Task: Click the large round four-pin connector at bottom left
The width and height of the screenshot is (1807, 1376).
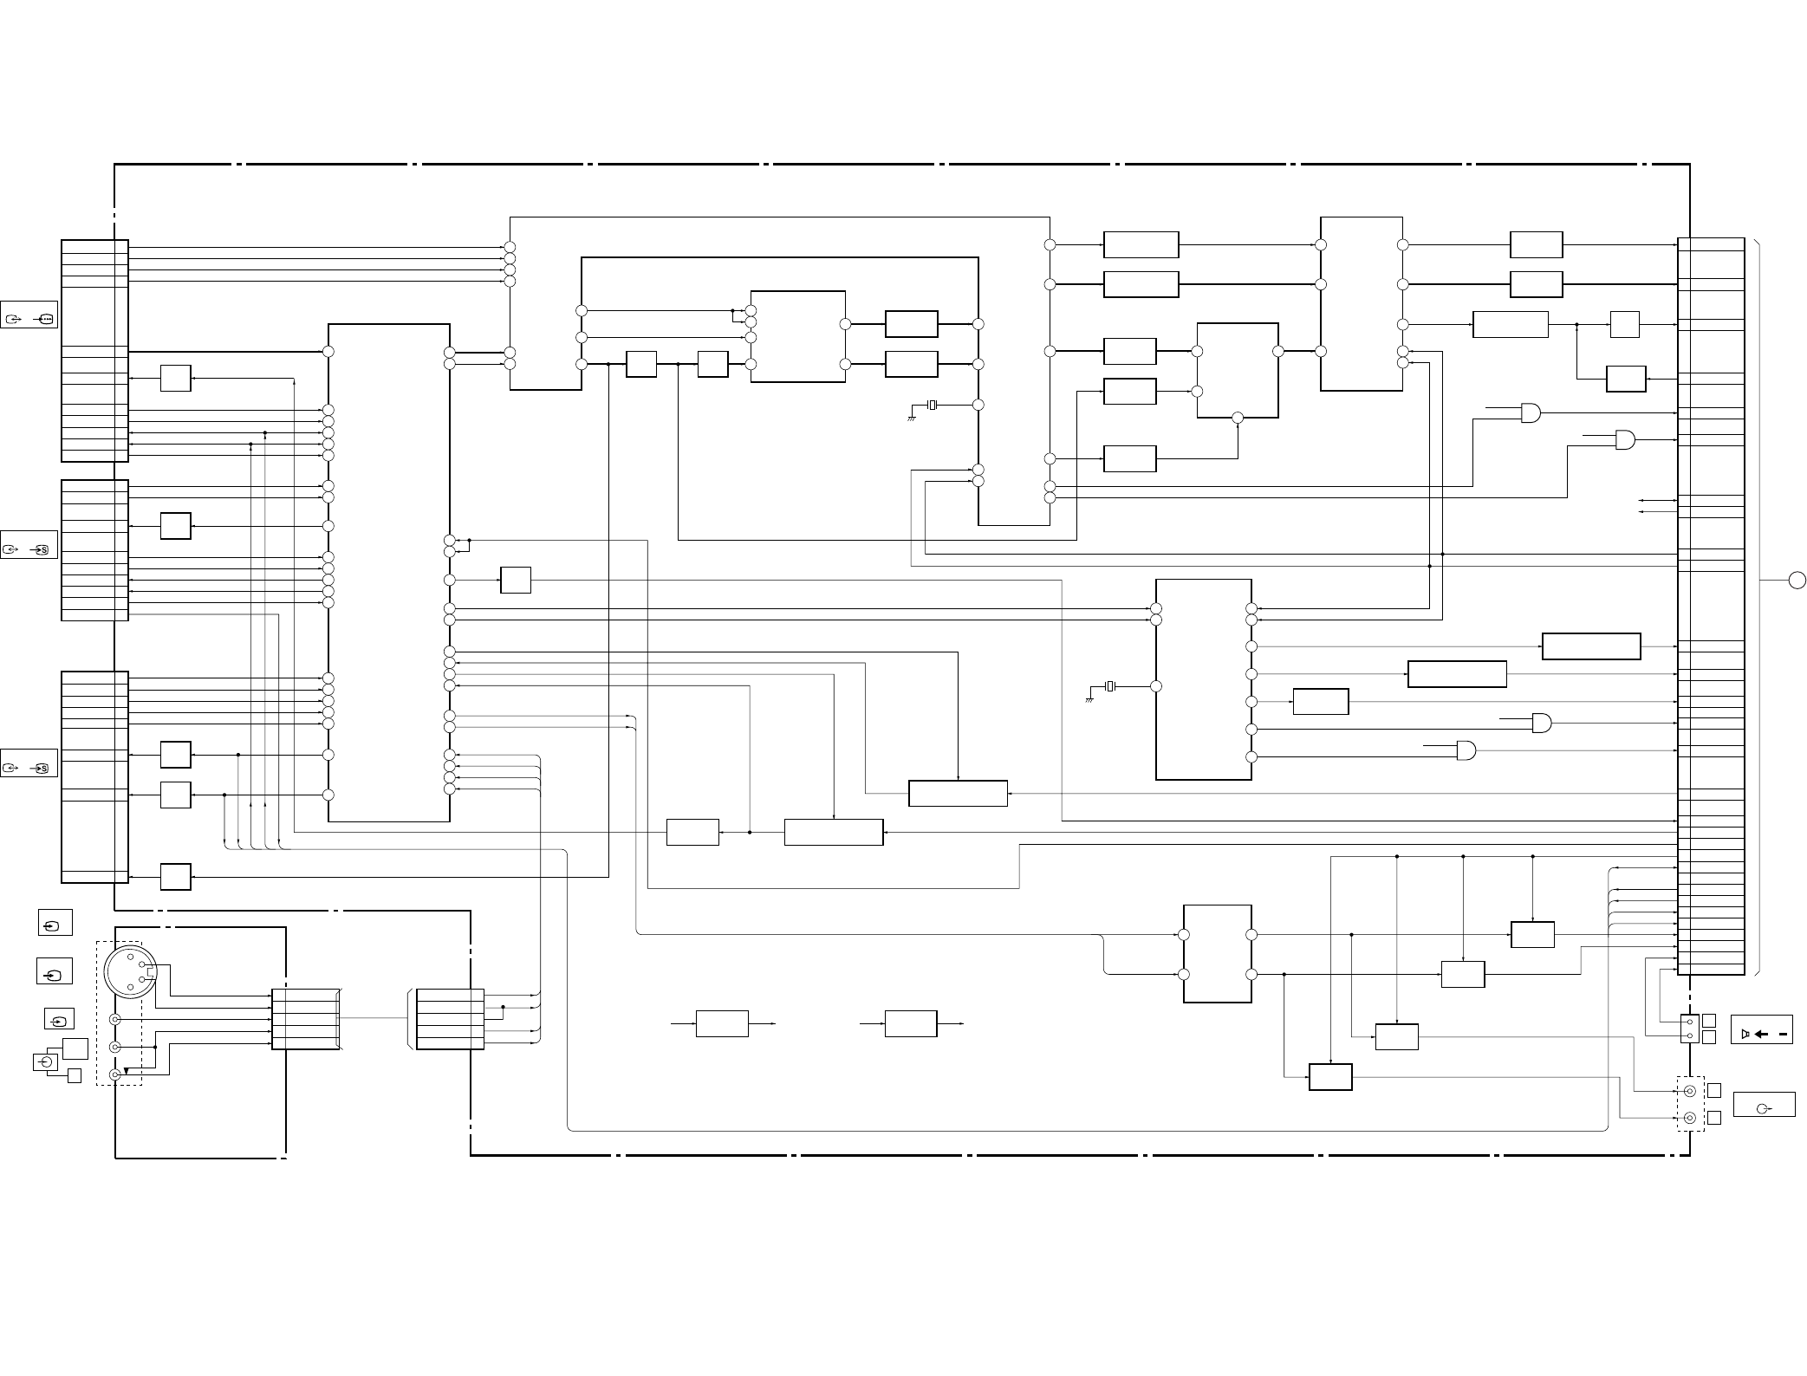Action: (x=130, y=972)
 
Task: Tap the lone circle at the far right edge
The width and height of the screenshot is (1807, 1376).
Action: (x=1797, y=581)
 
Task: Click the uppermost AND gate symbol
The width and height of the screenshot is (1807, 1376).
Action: (x=1531, y=413)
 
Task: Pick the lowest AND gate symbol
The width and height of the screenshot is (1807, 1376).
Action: (x=1466, y=750)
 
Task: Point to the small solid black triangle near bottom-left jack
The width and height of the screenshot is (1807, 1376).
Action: (x=127, y=1071)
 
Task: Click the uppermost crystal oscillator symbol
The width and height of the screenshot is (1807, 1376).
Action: (x=933, y=405)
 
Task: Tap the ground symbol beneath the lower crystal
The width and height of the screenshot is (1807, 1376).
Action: (x=1090, y=698)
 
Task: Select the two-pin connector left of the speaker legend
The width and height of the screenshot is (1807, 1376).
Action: (x=1689, y=1029)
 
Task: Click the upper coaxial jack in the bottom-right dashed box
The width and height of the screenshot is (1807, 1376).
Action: (x=1689, y=1091)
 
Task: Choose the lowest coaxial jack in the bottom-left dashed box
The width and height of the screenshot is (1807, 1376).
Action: (x=114, y=1074)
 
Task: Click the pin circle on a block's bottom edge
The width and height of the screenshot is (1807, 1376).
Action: (x=1238, y=418)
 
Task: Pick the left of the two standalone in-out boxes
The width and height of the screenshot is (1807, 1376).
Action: (x=722, y=1023)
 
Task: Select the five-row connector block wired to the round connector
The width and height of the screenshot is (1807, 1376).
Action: (x=305, y=1019)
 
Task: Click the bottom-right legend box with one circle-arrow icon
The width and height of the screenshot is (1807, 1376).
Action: (x=1764, y=1106)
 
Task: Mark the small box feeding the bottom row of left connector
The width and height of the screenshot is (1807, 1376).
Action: (x=176, y=877)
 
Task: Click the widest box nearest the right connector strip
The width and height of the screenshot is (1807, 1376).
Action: (x=1591, y=646)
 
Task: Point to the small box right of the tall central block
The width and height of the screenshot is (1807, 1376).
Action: (x=516, y=581)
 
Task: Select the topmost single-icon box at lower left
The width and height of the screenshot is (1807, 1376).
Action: (x=55, y=923)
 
